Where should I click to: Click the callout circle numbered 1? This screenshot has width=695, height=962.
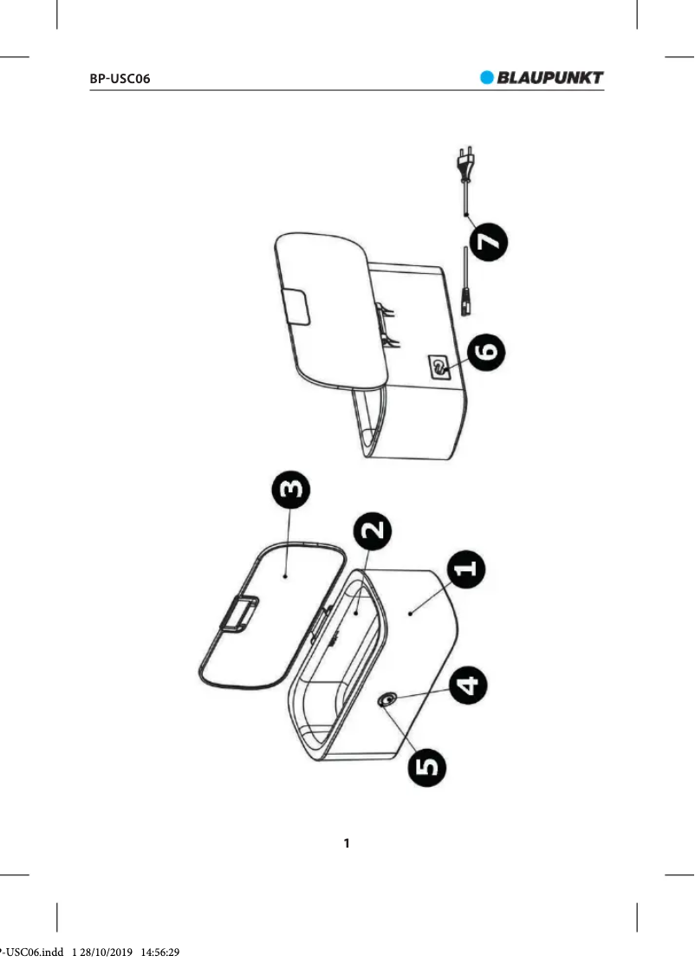[x=467, y=569]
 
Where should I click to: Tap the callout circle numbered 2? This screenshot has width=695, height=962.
[x=373, y=530]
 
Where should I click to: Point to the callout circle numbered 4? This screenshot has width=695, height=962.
[x=468, y=686]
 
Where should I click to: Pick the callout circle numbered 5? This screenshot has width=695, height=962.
[x=427, y=765]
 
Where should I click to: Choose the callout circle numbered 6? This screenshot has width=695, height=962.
[x=487, y=352]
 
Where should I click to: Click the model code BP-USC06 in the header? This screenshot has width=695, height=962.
[x=120, y=79]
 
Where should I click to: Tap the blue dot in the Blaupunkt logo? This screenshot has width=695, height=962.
[x=486, y=77]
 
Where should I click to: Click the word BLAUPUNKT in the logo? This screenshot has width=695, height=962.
[x=550, y=77]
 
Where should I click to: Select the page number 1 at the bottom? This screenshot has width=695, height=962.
[x=347, y=843]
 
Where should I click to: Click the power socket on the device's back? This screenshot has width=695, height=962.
[x=438, y=367]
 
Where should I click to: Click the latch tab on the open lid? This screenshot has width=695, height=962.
[x=238, y=614]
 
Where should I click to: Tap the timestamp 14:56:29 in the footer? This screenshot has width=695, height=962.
[x=160, y=952]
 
